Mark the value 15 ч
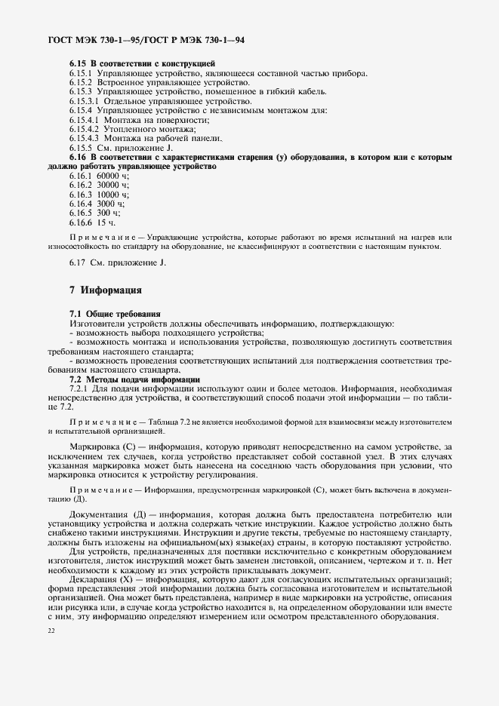pyautogui.click(x=105, y=223)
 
